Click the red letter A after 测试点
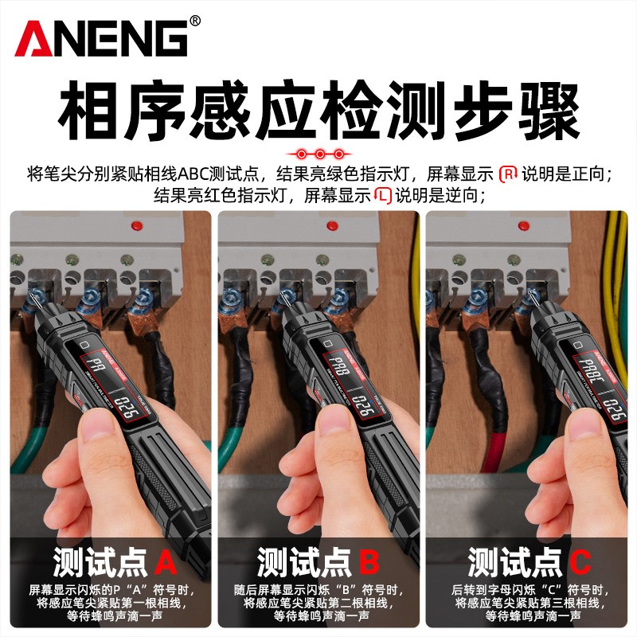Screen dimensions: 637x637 [166, 562]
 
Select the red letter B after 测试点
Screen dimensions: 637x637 [369, 562]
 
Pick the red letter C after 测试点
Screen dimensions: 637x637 [579, 562]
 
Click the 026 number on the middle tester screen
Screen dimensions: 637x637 [363, 406]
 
